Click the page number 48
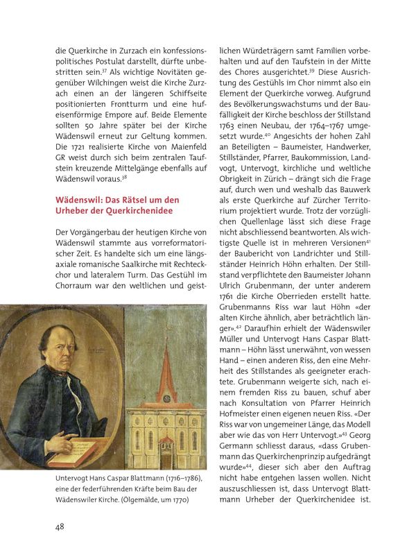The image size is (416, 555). [x=60, y=527]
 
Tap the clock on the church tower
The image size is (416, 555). [x=166, y=398]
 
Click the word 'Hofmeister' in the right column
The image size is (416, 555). [x=243, y=414]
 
